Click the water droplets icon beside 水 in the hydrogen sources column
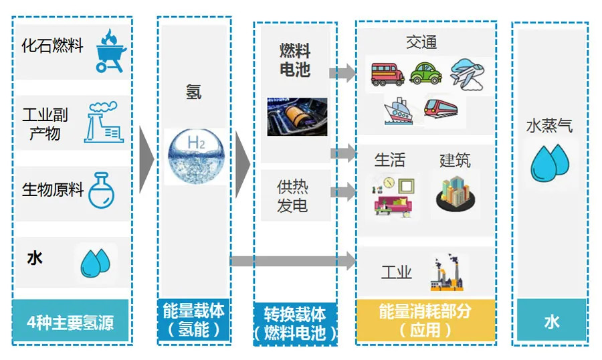[96, 262]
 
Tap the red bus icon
[387, 73]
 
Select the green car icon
[425, 72]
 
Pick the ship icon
[397, 111]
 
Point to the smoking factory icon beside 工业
[446, 273]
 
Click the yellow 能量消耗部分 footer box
[425, 320]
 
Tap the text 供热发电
[292, 195]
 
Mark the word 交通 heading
[421, 42]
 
